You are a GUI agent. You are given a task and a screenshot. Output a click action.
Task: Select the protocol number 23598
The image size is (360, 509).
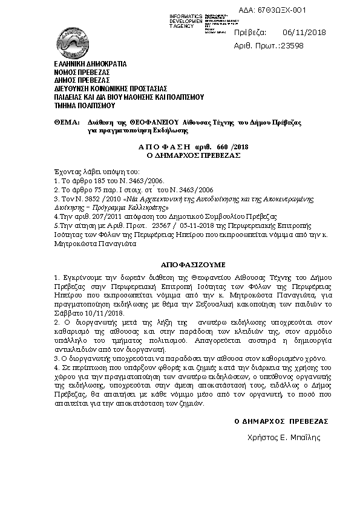coord(290,45)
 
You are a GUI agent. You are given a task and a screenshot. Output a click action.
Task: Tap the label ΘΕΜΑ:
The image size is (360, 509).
coord(67,122)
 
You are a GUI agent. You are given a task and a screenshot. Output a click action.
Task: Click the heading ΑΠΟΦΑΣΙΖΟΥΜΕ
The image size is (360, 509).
coord(192,265)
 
